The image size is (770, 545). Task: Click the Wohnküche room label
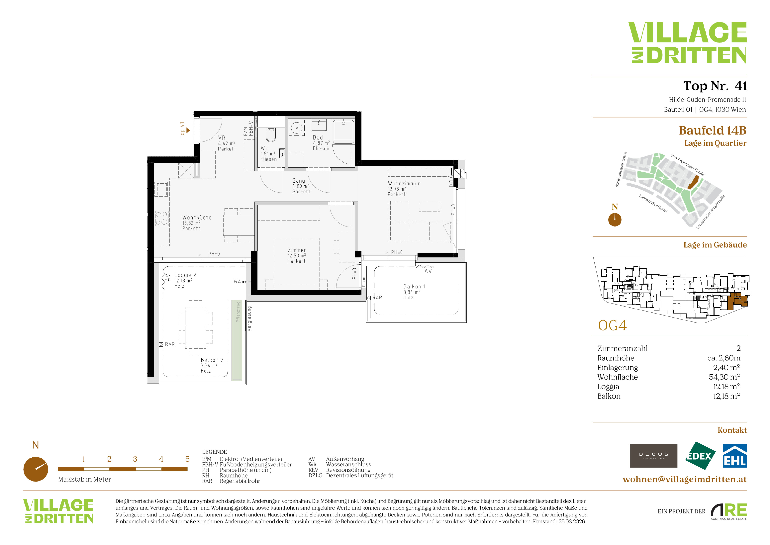(x=197, y=223)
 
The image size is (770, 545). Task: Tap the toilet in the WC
(x=271, y=135)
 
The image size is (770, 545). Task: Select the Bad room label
(x=321, y=143)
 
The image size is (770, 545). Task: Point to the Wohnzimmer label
(x=404, y=188)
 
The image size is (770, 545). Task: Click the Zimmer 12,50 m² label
(x=297, y=255)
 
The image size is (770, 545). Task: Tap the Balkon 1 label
(x=414, y=292)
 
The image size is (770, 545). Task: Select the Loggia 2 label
(x=185, y=280)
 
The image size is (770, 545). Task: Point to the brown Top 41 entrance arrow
(x=188, y=130)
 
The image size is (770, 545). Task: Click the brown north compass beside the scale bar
(x=36, y=469)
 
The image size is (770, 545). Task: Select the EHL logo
(x=734, y=456)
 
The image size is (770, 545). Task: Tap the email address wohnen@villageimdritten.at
(x=684, y=479)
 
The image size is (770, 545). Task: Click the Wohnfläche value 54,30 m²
(x=724, y=377)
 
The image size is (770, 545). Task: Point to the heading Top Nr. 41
(x=715, y=86)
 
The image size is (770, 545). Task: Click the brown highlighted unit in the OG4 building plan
(x=737, y=301)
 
